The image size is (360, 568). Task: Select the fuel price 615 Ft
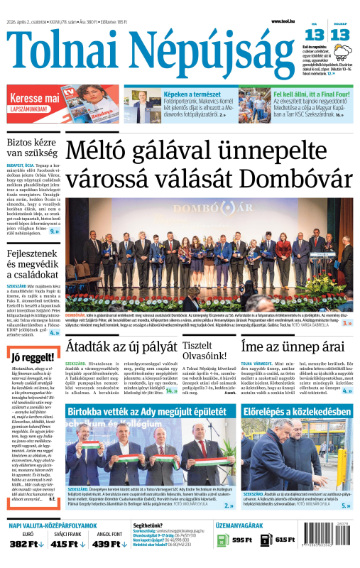284,540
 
